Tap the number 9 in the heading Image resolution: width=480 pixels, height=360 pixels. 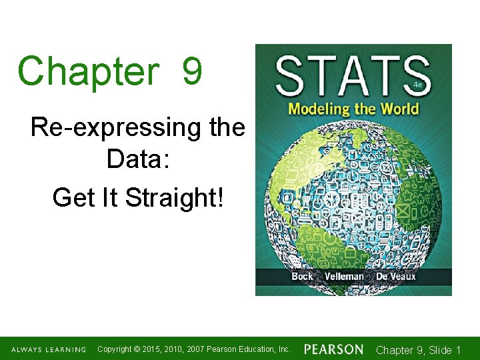coord(192,71)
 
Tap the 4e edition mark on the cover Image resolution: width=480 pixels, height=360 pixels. coord(419,86)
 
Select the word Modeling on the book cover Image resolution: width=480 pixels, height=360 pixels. coord(313,109)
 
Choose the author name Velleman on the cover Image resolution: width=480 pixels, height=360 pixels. coord(344,276)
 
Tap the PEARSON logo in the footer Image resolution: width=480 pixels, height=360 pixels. coord(334,349)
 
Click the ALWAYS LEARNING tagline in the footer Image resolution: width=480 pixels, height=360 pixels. coord(48,350)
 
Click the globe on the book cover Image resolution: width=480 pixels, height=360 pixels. coord(353,193)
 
